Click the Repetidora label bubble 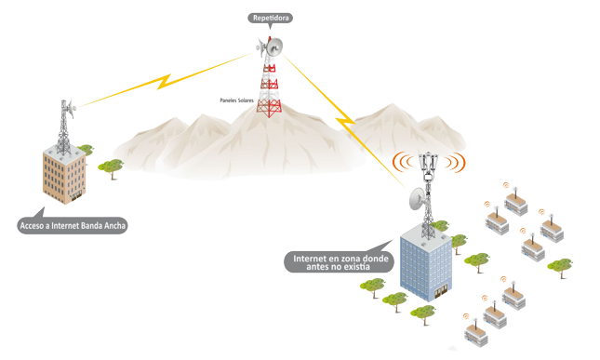tap(270, 19)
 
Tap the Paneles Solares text tap(236, 100)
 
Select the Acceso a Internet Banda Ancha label tap(73, 225)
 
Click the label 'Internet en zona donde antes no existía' tap(340, 261)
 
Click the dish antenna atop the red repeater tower tap(274, 47)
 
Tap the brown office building tap(64, 174)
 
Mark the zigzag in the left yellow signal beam tap(165, 82)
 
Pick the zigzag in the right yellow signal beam tap(345, 121)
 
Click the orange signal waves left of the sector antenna tap(402, 162)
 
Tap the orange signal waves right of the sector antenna tap(456, 162)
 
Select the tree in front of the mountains tap(111, 167)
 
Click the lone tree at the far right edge tap(561, 267)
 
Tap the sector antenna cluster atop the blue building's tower tap(428, 164)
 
